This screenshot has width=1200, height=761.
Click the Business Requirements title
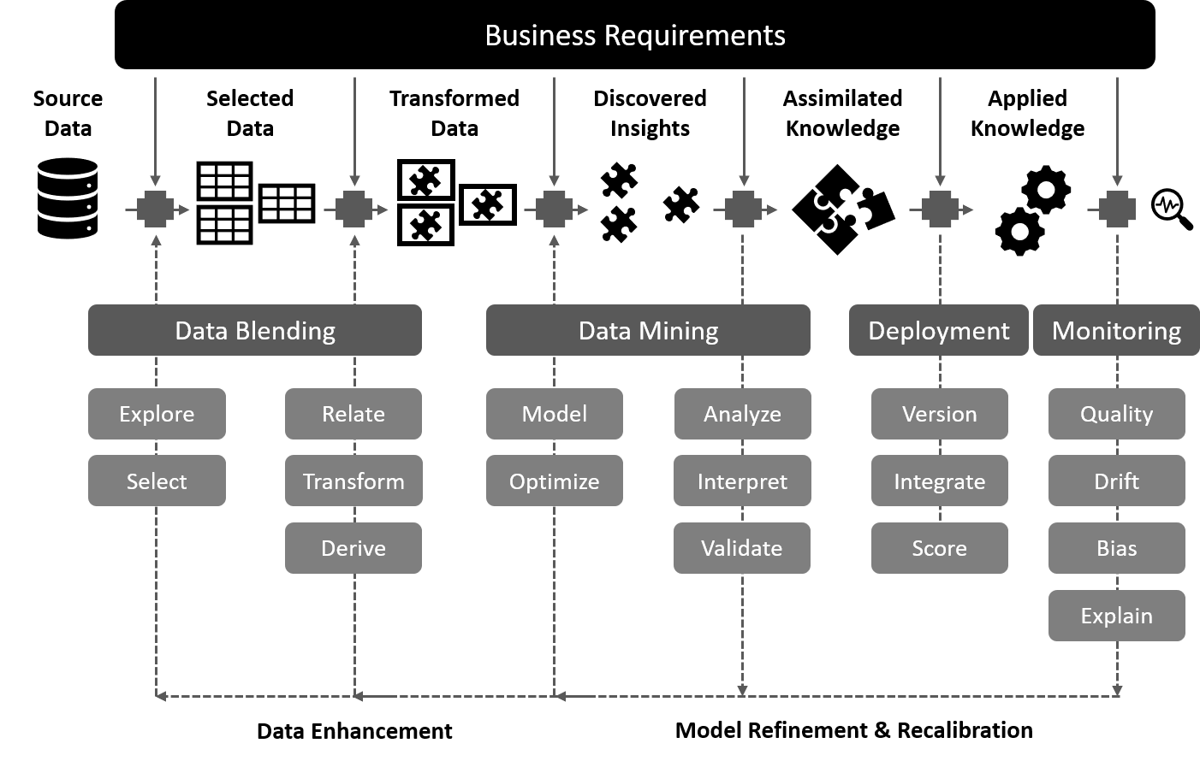click(634, 36)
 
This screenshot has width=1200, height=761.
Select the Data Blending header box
click(255, 330)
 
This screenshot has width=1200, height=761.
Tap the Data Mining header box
click(648, 330)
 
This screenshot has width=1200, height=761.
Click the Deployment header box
click(938, 330)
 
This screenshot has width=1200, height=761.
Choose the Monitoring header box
click(1116, 330)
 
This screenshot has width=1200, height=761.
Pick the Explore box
click(157, 414)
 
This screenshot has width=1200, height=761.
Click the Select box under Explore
click(157, 481)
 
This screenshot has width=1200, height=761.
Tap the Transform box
click(353, 481)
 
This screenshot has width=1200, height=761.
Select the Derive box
click(353, 548)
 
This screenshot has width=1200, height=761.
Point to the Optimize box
click(554, 481)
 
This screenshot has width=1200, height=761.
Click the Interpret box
click(742, 481)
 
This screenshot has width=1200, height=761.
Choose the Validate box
click(742, 548)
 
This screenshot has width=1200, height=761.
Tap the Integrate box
click(939, 481)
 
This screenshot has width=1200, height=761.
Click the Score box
click(939, 548)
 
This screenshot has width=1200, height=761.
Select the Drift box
click(1116, 481)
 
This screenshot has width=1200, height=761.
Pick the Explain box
click(1116, 616)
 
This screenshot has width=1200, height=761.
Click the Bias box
click(1116, 548)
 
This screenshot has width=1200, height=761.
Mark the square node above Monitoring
click(1117, 209)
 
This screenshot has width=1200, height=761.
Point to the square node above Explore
click(155, 209)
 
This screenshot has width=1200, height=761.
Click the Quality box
click(1116, 414)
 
